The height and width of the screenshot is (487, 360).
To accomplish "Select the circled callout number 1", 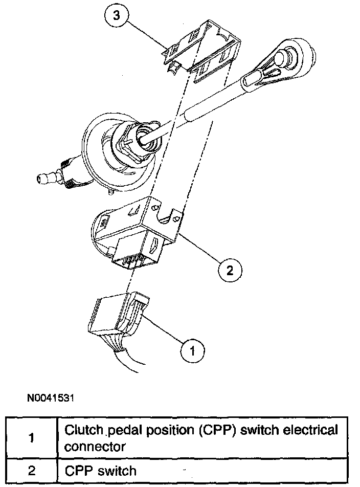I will tap(192, 350).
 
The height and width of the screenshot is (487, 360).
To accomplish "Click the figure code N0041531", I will tap(51, 396).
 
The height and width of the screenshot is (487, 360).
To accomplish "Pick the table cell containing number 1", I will tap(32, 438).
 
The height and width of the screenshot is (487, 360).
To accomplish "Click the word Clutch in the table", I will tap(81, 430).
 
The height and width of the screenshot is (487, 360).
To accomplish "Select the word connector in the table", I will tap(95, 446).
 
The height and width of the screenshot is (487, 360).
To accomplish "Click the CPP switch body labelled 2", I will tap(138, 225).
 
